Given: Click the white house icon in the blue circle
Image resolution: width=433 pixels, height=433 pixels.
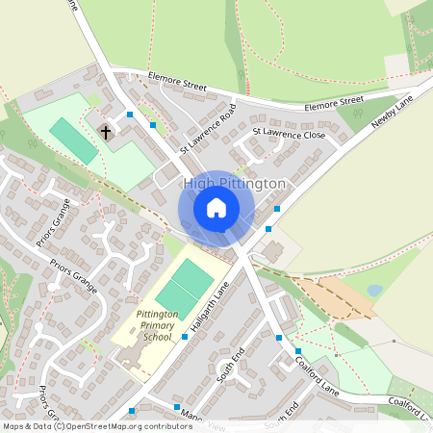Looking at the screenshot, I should (216, 208).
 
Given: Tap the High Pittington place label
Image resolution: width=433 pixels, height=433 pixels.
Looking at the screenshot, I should (234, 183).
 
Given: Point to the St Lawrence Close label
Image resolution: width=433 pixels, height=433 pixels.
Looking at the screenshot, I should (289, 134).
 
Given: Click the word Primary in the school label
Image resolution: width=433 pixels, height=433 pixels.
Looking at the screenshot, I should (152, 326).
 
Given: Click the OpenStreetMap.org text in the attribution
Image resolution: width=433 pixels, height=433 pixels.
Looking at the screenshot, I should (106, 425).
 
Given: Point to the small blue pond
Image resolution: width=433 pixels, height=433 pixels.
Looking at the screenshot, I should (375, 290).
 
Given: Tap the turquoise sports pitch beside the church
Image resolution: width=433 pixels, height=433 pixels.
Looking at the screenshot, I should (73, 140).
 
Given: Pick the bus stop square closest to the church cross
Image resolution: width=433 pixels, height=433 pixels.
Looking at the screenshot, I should (127, 113).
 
